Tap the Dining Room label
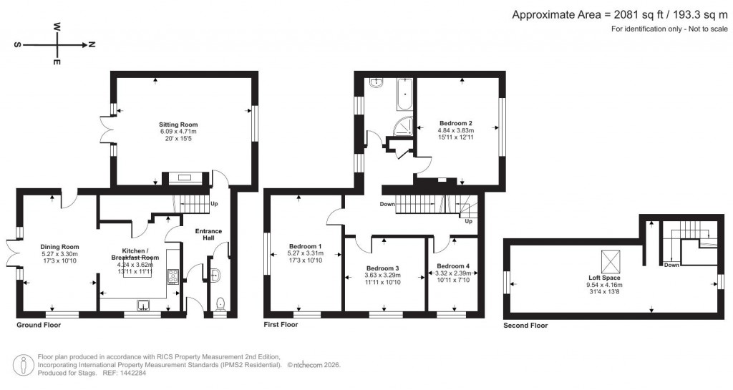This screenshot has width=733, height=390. tap(59, 247)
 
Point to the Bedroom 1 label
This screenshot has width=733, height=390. tap(305, 247)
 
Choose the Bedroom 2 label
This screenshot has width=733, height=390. tap(456, 124)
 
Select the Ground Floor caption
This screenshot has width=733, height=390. tap(39, 325)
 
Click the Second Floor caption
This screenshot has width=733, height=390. tap(526, 325)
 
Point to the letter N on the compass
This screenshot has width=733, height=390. tap(92, 44)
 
